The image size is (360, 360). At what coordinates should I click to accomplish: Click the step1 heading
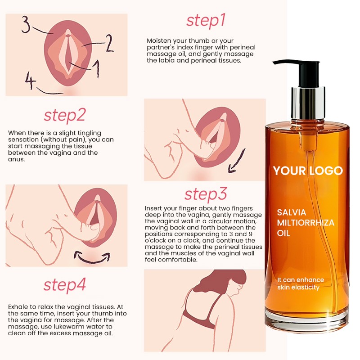pos(206,21)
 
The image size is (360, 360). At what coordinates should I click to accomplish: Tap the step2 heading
pos(64,115)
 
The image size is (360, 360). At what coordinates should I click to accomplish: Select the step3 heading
pos(205,194)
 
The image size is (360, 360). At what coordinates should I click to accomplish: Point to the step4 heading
pos(64,285)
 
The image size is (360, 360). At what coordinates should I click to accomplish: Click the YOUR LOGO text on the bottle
pos(308,171)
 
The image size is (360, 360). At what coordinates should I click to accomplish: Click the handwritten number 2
pos(109,44)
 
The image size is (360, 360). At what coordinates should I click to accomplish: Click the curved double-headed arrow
pos(92,257)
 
